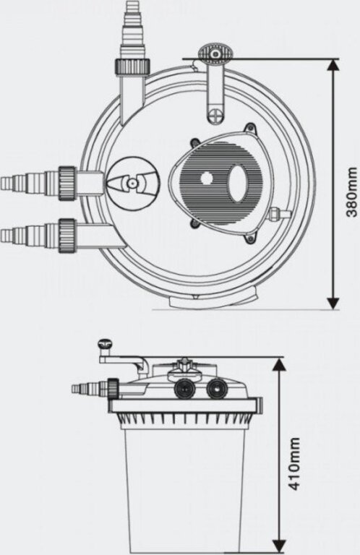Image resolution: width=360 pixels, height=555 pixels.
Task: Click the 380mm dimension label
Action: pyautogui.click(x=352, y=192)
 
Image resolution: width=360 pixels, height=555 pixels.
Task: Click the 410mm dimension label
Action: pyautogui.click(x=293, y=464)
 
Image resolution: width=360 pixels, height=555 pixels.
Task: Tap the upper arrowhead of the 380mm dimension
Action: pyautogui.click(x=333, y=66)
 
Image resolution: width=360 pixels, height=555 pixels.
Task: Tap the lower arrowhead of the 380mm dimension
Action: pyautogui.click(x=333, y=303)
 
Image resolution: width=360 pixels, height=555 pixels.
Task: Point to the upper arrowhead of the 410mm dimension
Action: pyautogui.click(x=279, y=364)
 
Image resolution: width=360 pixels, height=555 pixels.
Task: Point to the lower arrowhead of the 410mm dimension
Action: pyautogui.click(x=279, y=546)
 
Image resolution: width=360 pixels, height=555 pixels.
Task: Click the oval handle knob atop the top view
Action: pyautogui.click(x=215, y=53)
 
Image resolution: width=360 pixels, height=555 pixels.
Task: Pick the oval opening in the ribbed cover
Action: pyautogui.click(x=237, y=184)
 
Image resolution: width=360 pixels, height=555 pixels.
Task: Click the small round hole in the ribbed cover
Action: pyautogui.click(x=205, y=178)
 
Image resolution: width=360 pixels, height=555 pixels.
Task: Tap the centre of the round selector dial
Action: pyautogui.click(x=132, y=184)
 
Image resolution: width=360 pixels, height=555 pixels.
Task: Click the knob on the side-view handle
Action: pyautogui.click(x=105, y=344)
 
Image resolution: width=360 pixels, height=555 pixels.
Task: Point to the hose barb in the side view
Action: pyautogui.click(x=89, y=388)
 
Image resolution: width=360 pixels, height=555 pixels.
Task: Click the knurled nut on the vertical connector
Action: pyautogui.click(x=132, y=67)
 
